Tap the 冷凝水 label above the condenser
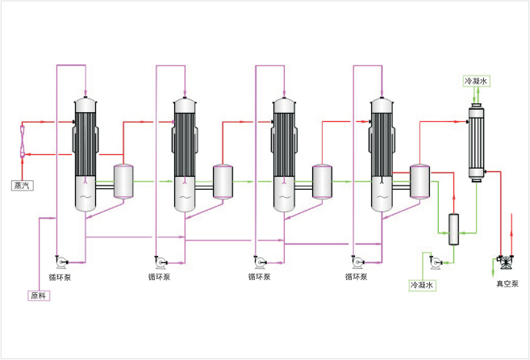476,82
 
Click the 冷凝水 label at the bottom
422,286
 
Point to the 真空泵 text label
507,283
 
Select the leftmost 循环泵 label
61,277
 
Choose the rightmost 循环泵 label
357,277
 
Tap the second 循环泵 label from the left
159,277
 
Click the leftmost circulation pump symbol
61,260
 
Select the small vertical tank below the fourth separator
453,229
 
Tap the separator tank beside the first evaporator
123,182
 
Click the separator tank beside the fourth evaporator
419,182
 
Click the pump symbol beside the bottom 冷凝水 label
436,262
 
